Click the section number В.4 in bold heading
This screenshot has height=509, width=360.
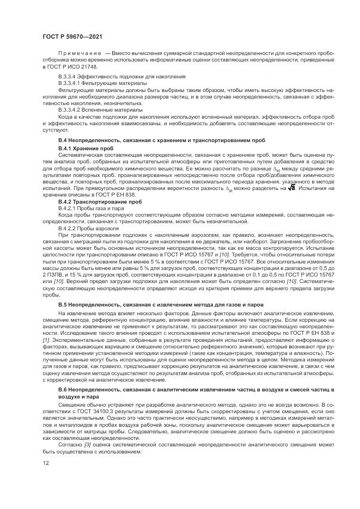[63, 140]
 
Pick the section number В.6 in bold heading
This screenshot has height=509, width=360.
[63, 391]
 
